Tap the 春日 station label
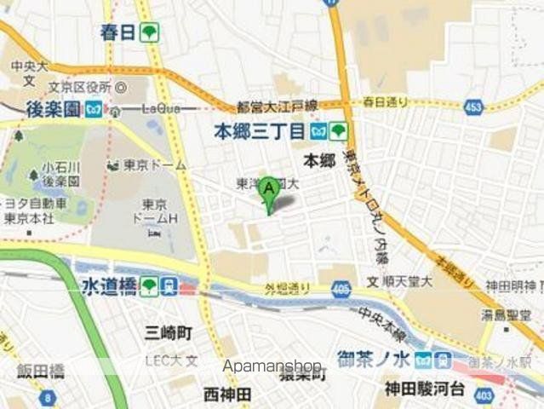(x=118, y=33)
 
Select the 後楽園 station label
(x=53, y=109)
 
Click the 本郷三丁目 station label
(x=258, y=131)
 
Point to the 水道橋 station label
(x=110, y=285)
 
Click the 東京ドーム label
(x=155, y=164)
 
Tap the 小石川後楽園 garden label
(x=60, y=174)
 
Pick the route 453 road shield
(x=474, y=107)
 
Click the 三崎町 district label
(x=168, y=331)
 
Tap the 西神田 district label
(x=227, y=394)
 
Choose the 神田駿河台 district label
(x=423, y=390)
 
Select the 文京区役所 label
(x=79, y=86)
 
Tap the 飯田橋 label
(x=41, y=371)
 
